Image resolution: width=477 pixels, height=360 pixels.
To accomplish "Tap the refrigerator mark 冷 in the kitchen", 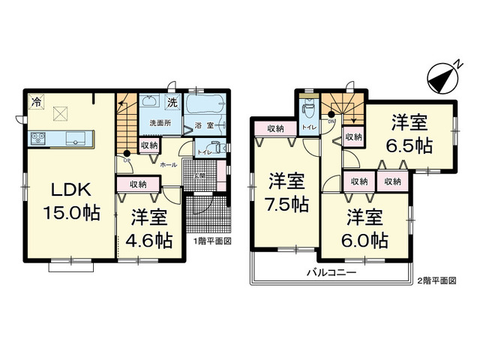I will click(36, 100).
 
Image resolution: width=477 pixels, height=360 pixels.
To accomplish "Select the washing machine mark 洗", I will click(172, 102).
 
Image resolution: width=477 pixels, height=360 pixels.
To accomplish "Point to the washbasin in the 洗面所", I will click(148, 103).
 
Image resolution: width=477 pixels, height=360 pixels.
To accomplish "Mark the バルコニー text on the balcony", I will click(330, 273).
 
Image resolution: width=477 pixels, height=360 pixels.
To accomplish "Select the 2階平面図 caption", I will click(436, 280).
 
